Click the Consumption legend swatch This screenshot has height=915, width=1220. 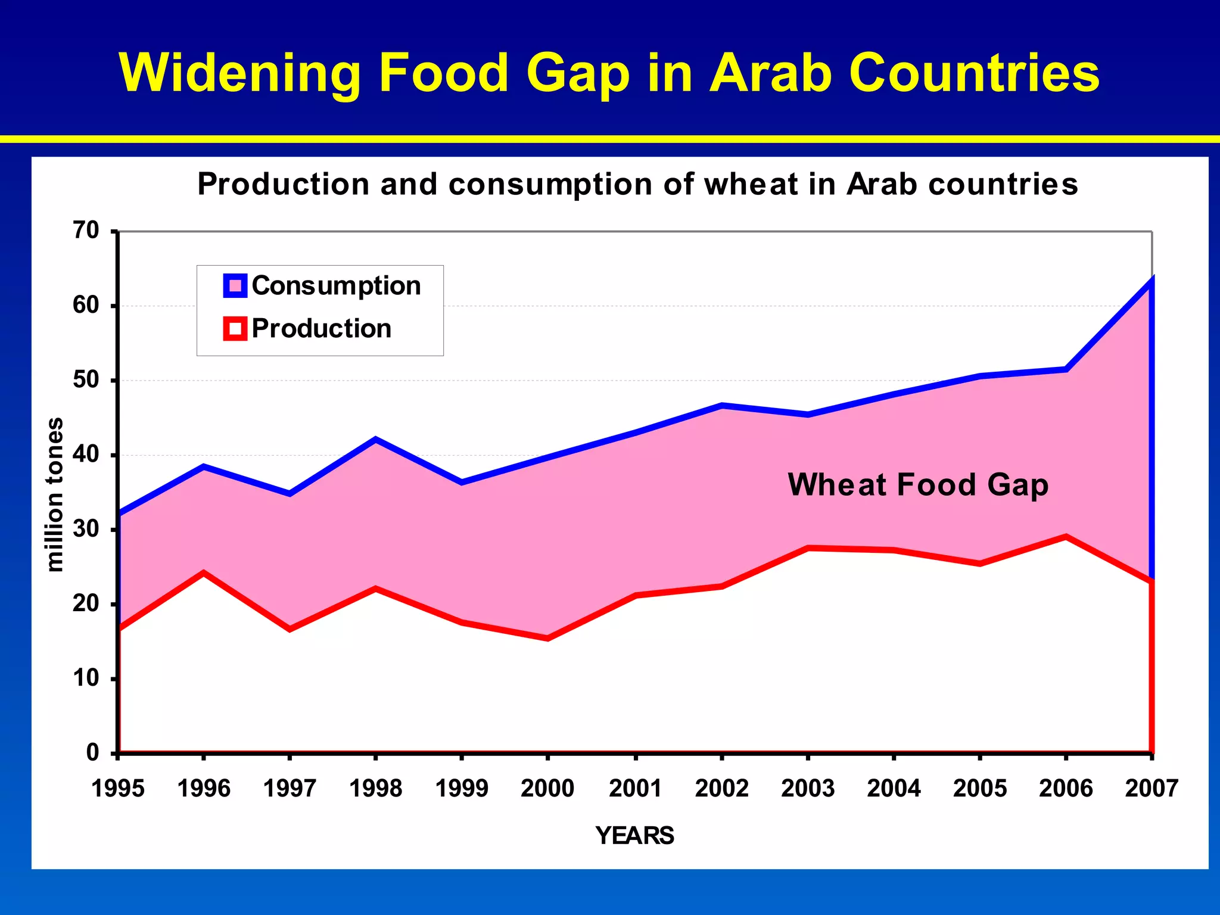[235, 286]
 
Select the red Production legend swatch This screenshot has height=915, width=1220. [235, 329]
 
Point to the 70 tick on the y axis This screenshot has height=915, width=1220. [87, 231]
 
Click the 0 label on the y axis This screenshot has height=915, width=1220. [92, 753]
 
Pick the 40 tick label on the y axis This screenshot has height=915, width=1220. [86, 455]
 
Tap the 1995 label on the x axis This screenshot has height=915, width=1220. [118, 789]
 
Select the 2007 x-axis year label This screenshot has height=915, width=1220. [1151, 789]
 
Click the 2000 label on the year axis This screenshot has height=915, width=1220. [547, 789]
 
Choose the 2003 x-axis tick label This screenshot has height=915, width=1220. [808, 789]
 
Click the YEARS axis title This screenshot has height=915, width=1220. [634, 836]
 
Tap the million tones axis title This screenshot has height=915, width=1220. [55, 494]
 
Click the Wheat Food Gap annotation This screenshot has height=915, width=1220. [917, 485]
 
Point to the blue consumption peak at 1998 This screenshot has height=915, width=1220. [375, 440]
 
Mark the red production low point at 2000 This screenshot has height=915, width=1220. [547, 638]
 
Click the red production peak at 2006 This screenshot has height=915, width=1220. [1066, 537]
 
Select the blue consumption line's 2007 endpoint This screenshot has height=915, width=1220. [1151, 279]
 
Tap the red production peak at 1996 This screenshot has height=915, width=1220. [204, 573]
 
